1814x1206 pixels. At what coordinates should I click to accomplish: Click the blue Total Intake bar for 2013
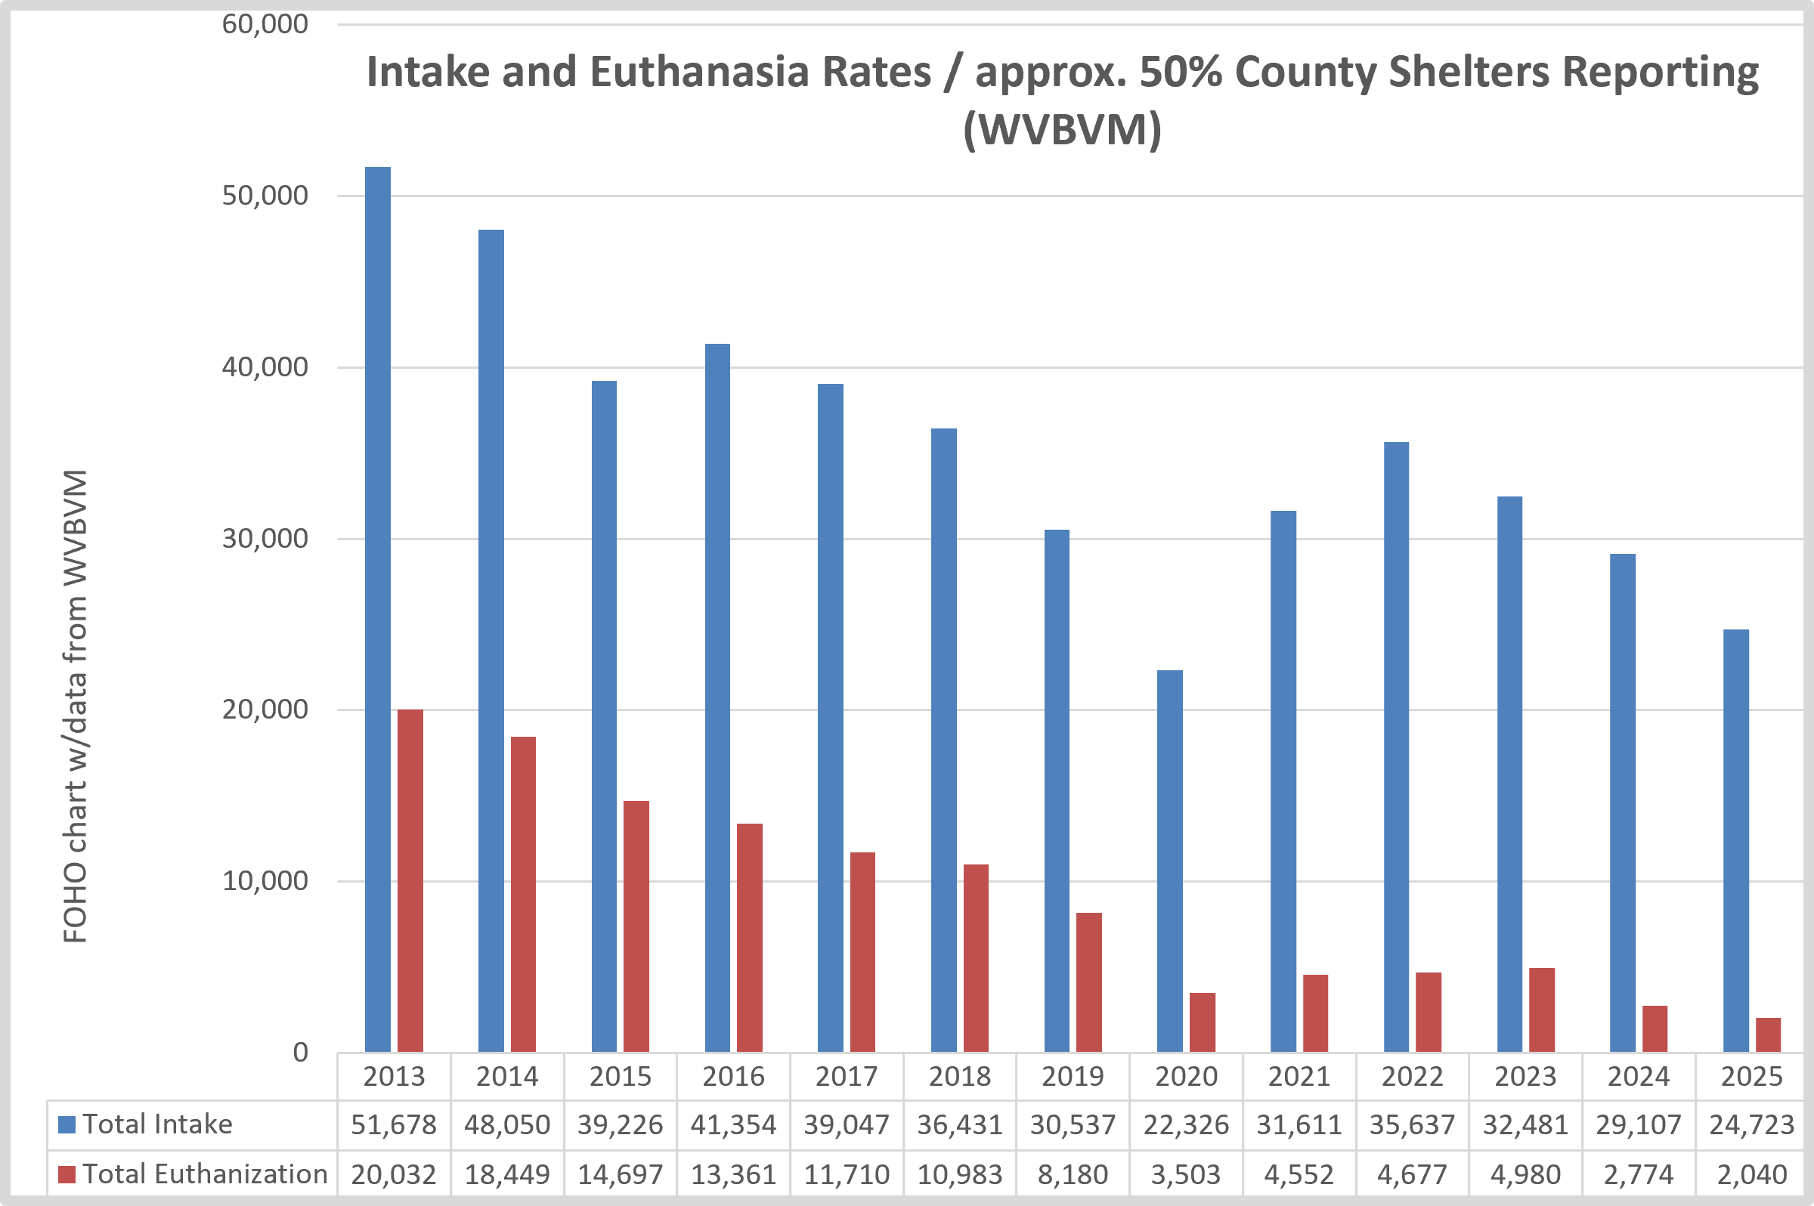(x=378, y=609)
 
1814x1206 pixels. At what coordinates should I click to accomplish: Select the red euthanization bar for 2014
(x=523, y=895)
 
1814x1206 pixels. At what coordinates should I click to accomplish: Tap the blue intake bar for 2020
(x=1170, y=861)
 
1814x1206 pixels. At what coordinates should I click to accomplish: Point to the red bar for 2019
(x=1088, y=982)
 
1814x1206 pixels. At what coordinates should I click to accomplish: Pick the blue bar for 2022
(x=1396, y=747)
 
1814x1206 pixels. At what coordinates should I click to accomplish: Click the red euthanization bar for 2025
(x=1768, y=1035)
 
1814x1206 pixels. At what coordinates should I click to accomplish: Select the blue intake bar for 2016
(x=718, y=697)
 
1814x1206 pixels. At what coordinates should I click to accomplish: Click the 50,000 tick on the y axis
(x=265, y=196)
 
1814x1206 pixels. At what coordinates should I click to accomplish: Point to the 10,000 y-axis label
(x=265, y=880)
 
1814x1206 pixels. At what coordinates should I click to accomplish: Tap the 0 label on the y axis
(x=300, y=1052)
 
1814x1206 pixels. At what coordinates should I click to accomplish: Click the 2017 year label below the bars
(x=847, y=1076)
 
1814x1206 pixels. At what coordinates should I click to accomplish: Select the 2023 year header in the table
(x=1525, y=1076)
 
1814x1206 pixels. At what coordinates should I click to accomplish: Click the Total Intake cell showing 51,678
(x=394, y=1125)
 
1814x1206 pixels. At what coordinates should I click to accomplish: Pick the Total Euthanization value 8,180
(x=1073, y=1174)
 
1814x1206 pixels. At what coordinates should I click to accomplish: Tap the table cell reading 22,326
(x=1185, y=1125)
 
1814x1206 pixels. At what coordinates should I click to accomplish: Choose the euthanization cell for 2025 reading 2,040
(x=1752, y=1174)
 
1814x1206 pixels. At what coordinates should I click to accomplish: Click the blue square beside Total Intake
(x=67, y=1124)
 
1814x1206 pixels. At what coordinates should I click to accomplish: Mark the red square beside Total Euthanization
(x=67, y=1174)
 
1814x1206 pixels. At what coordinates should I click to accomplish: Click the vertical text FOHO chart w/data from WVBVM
(x=75, y=706)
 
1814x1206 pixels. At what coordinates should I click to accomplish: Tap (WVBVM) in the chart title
(x=1063, y=129)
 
